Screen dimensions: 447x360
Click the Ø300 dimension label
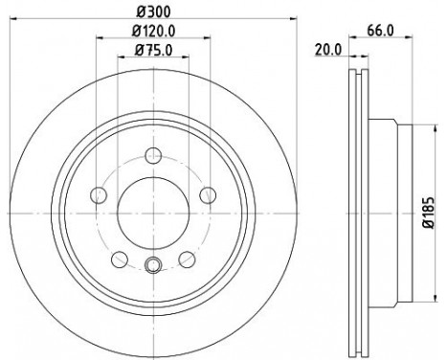coord(153,11)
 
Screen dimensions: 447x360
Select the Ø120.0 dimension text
coord(154,31)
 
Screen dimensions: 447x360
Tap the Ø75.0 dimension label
coord(153,50)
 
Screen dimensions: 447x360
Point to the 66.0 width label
coord(380,31)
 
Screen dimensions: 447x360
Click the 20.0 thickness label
coord(328,50)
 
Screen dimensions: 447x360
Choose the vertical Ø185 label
coord(429,213)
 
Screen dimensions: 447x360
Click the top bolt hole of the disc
coord(153,156)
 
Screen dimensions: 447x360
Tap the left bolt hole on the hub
coord(99,195)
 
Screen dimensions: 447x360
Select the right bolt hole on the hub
coord(208,195)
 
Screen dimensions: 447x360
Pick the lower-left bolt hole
coord(120,259)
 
